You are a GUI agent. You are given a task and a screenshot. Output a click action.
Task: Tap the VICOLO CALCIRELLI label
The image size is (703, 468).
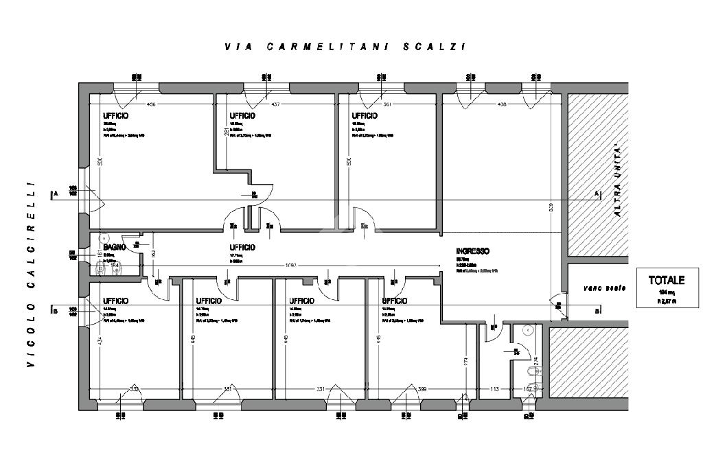tap(30, 274)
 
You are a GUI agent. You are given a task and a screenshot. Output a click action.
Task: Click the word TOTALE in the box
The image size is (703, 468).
tap(666, 280)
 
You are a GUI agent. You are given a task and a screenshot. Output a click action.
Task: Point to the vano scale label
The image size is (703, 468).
tap(605, 288)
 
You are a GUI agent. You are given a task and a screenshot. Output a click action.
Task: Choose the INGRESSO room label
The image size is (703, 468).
tap(474, 251)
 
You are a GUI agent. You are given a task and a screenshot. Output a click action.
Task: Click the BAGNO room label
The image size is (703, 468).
tap(113, 247)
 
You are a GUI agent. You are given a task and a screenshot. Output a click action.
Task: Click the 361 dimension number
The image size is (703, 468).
tap(389, 104)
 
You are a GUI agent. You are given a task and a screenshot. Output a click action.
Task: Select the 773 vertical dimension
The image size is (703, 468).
tap(466, 360)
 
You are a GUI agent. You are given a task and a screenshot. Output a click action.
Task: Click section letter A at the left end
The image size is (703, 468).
tap(54, 194)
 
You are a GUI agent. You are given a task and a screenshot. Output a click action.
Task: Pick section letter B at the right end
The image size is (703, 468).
tap(597, 310)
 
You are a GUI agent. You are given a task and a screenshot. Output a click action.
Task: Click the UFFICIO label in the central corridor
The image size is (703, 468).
tap(242, 247)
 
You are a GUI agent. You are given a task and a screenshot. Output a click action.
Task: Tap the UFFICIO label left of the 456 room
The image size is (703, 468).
tap(115, 116)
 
